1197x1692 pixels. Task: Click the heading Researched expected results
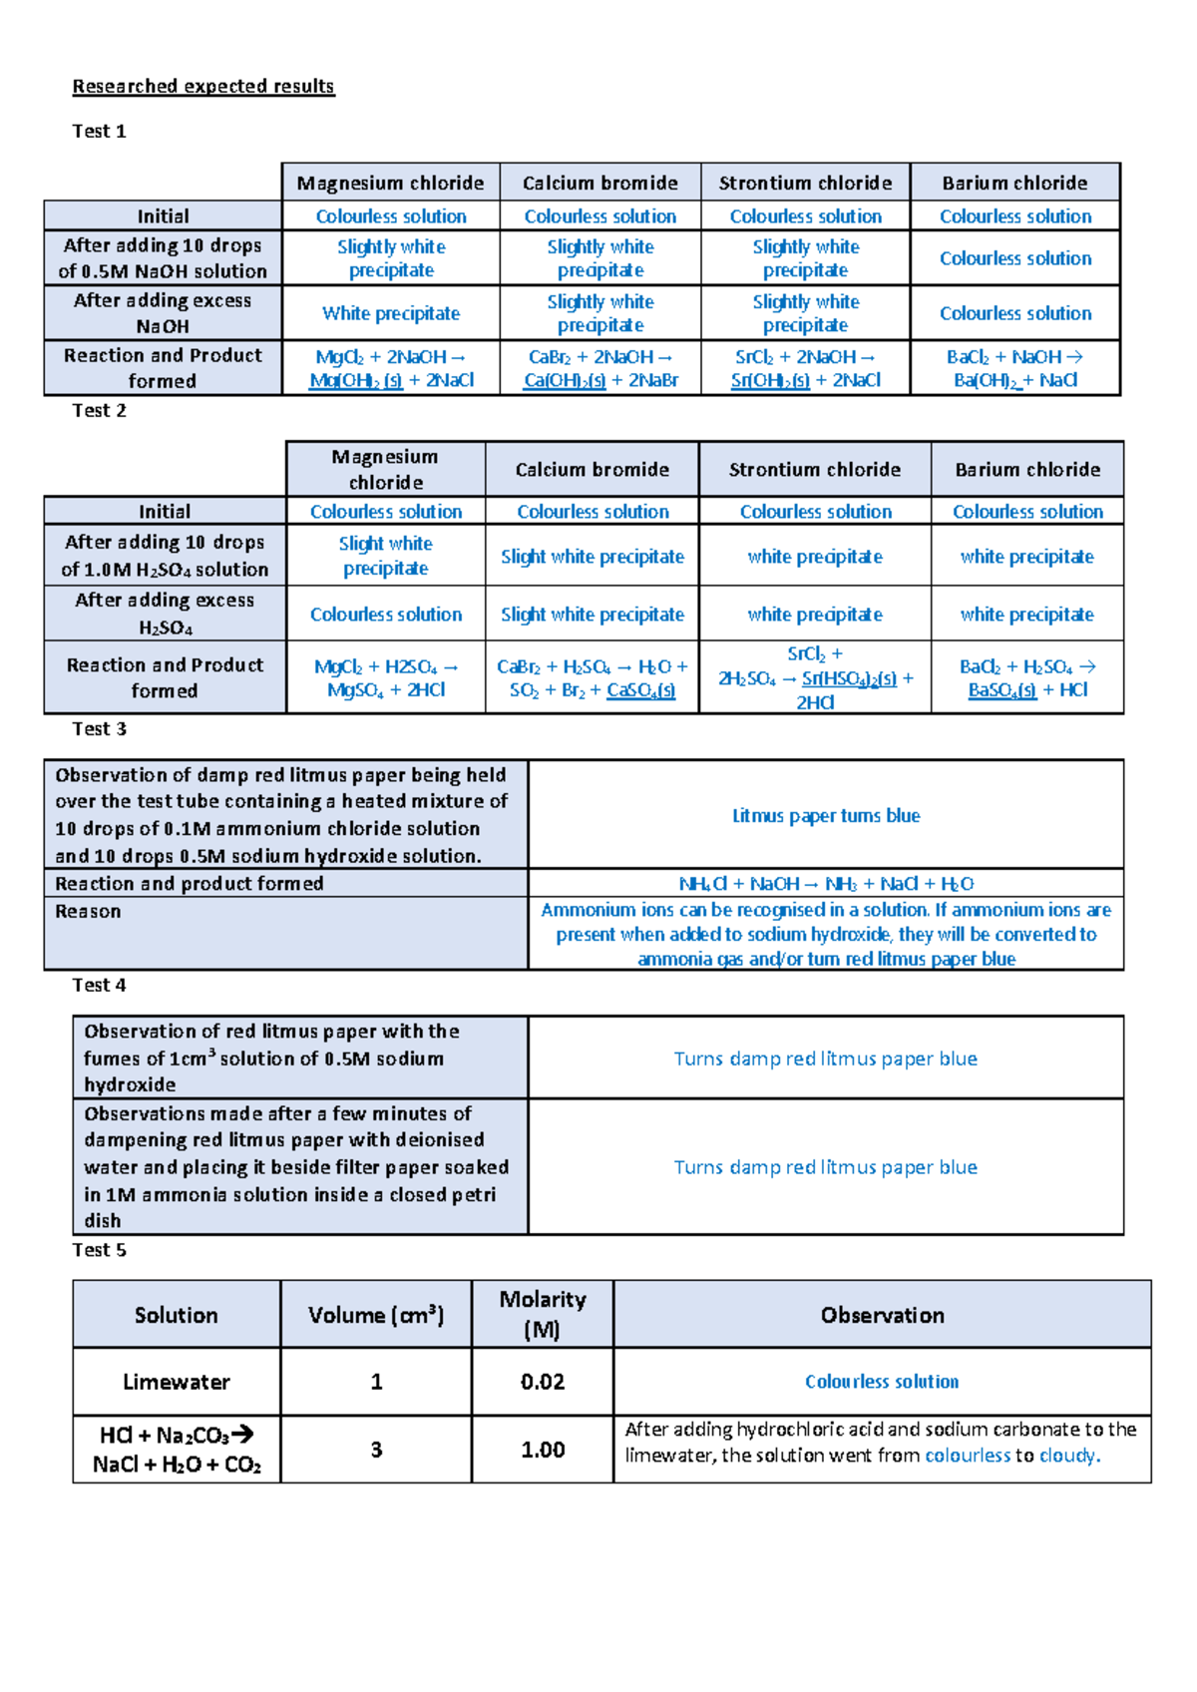203,87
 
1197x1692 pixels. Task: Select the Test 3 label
100,729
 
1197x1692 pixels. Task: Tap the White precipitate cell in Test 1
391,313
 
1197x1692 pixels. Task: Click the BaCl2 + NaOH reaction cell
1015,368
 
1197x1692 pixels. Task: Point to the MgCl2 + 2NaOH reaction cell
391,368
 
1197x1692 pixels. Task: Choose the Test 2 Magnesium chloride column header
385,469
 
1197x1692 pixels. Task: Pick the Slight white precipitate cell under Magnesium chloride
385,556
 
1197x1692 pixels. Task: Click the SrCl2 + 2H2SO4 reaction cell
815,678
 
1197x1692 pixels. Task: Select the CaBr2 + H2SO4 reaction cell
593,678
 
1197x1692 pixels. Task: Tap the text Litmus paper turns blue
826,816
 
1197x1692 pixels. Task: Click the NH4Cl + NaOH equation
826,884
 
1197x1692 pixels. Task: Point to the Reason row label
89,912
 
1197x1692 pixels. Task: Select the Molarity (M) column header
543,1314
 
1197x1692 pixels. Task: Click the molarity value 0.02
543,1382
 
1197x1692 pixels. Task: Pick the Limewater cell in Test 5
177,1382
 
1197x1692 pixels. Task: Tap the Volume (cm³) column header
376,1315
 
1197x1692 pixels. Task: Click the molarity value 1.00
543,1450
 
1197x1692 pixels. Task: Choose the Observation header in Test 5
882,1315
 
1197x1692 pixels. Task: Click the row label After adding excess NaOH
163,313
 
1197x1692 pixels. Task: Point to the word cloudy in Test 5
1067,1456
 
